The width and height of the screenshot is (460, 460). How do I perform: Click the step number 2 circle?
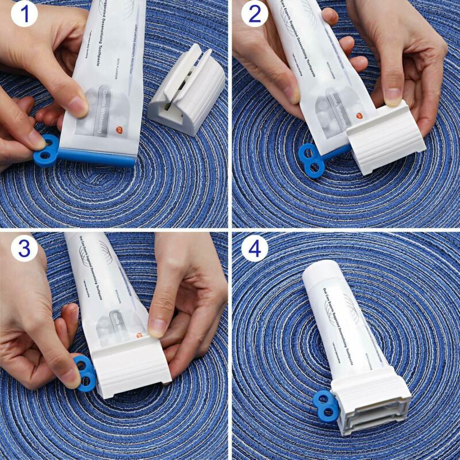(x=254, y=15)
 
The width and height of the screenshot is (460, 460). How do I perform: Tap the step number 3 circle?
(x=24, y=248)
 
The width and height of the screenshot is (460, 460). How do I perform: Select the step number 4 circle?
(x=254, y=248)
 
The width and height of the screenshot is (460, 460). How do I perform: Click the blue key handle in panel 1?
(x=46, y=151)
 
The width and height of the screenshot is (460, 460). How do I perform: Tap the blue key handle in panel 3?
(x=84, y=373)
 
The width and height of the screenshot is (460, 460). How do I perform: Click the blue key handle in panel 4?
(x=327, y=405)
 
